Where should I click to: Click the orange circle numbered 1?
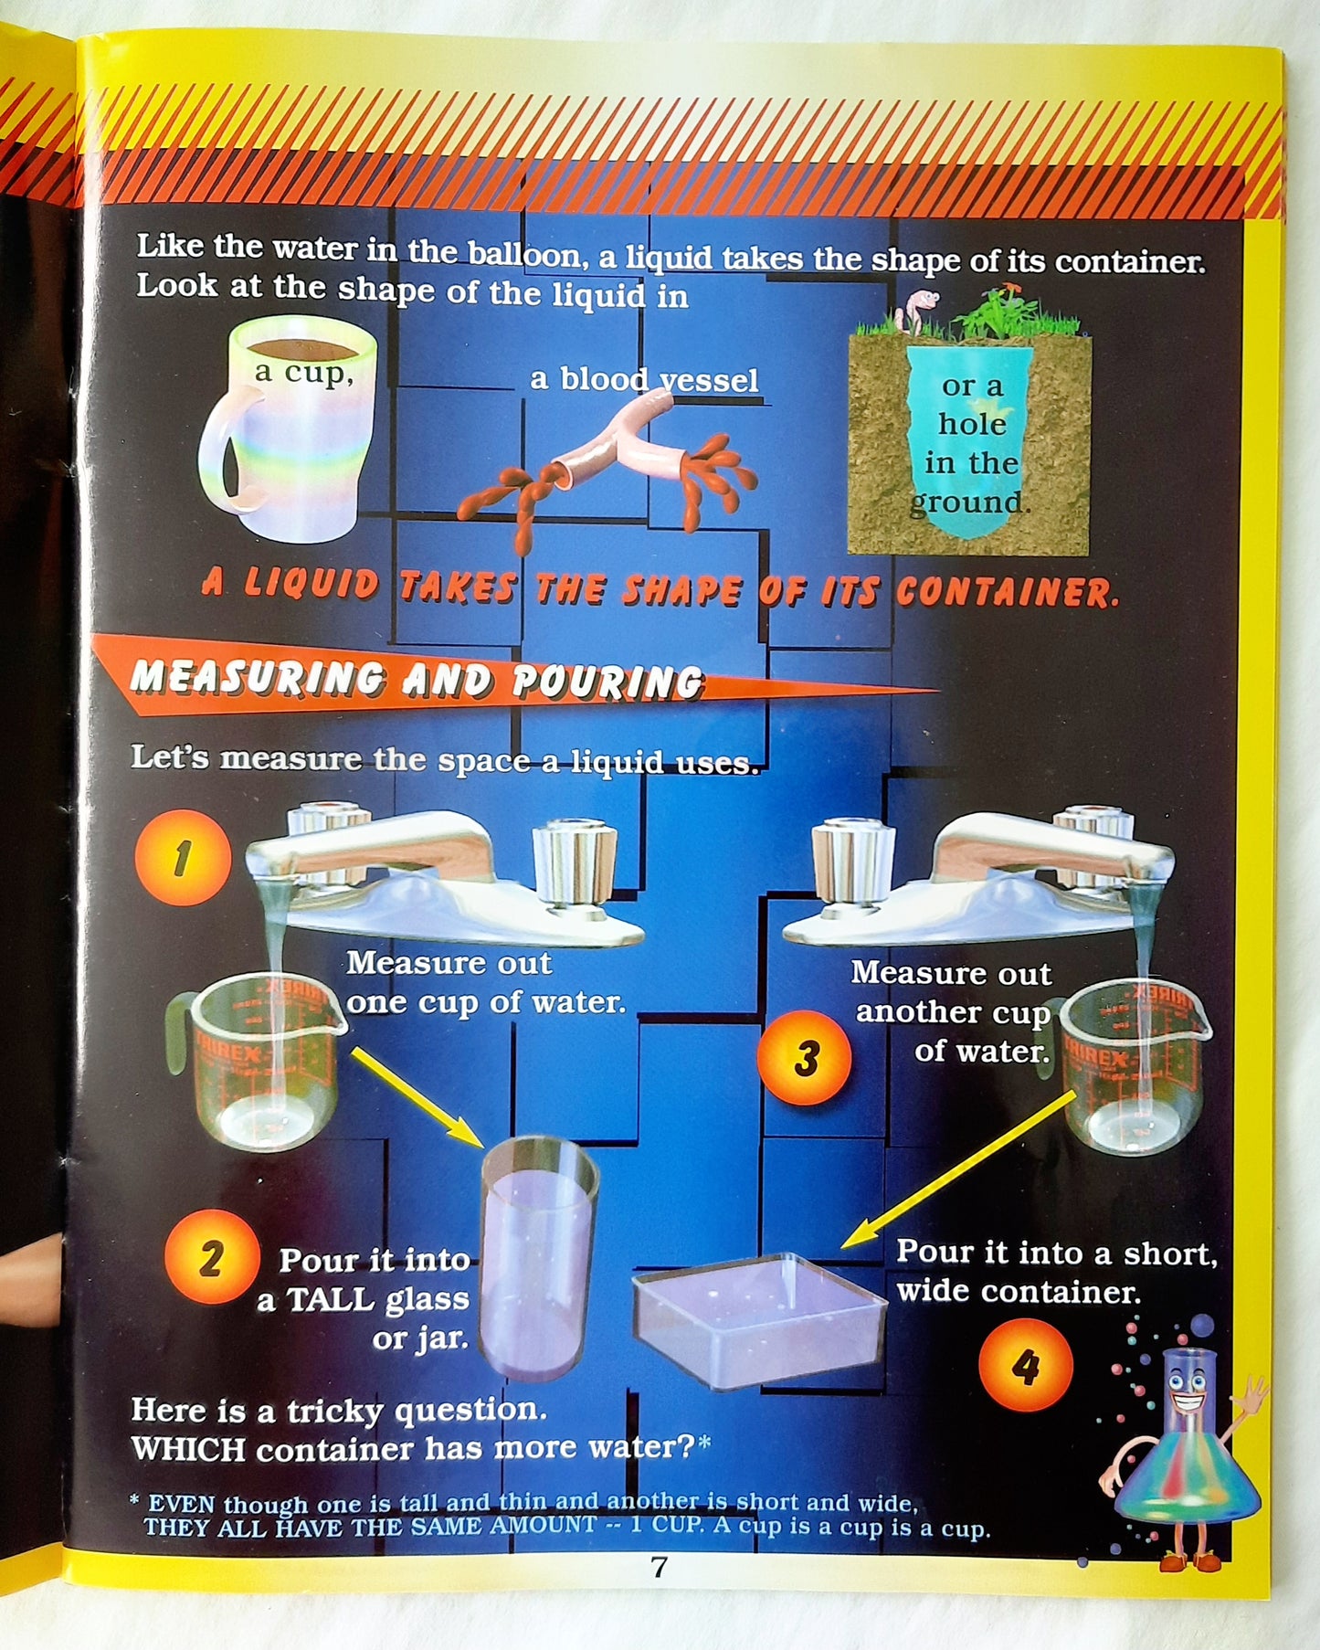tap(183, 858)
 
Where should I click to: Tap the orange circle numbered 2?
tap(211, 1258)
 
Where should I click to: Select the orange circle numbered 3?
tap(805, 1058)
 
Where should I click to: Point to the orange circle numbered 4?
tap(1025, 1367)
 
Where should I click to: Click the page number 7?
tap(659, 1568)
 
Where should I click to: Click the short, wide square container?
tap(759, 1321)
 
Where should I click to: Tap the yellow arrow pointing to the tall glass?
tap(417, 1097)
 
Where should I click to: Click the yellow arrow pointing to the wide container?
tap(958, 1169)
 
